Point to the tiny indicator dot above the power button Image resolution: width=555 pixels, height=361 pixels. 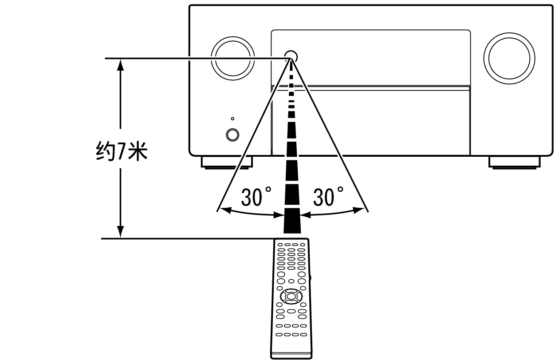point(232,119)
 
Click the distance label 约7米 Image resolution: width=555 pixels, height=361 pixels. point(122,151)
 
